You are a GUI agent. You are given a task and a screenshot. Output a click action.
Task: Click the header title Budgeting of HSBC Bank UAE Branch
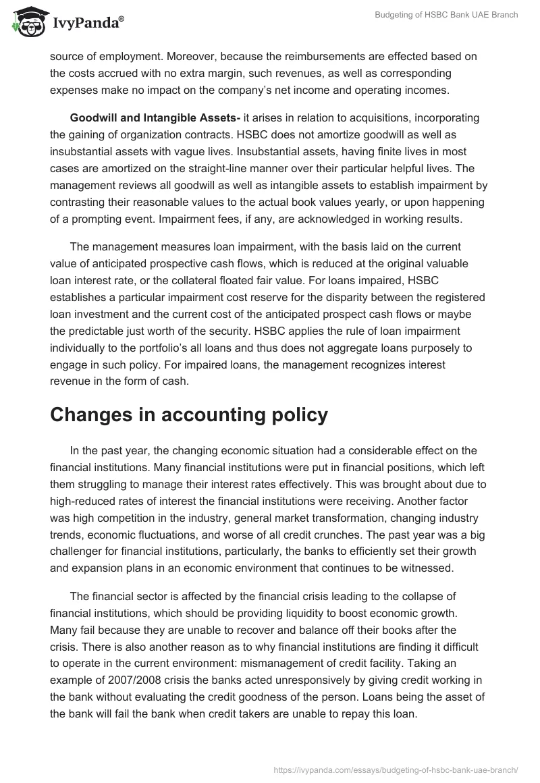[x=446, y=15]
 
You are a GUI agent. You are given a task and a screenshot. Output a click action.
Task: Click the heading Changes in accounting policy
[x=189, y=414]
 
